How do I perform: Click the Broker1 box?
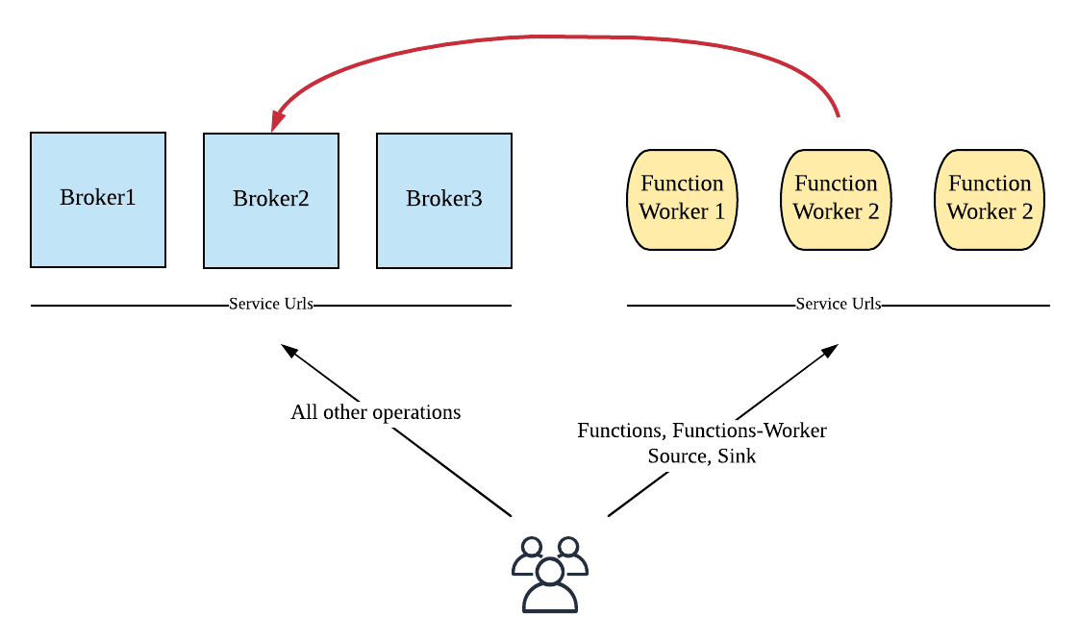pos(98,199)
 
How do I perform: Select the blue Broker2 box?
pos(271,200)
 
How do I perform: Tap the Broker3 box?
pos(444,200)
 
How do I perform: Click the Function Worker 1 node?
pos(682,199)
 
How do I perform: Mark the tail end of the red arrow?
pos(838,115)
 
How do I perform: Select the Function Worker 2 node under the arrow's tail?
pos(836,199)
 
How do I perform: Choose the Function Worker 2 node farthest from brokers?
pos(990,199)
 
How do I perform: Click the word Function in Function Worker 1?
pos(682,184)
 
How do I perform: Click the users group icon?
pos(550,575)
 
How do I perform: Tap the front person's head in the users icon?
pos(550,572)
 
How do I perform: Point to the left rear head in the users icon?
pos(531,547)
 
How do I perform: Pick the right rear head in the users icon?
pos(568,547)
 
